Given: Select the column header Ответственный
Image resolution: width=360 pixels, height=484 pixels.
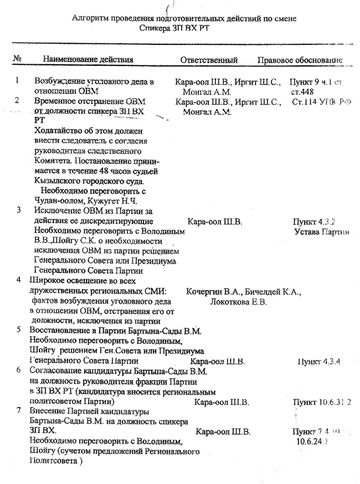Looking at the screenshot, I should coord(209,60).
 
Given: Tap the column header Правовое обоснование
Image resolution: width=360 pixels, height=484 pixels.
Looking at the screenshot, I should coord(299,60).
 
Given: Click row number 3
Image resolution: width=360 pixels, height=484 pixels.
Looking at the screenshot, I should coord(20,210).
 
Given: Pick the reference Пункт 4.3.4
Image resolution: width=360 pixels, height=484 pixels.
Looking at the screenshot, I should coord(318,362).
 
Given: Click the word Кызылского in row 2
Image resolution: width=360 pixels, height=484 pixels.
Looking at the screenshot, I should coord(60,181).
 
